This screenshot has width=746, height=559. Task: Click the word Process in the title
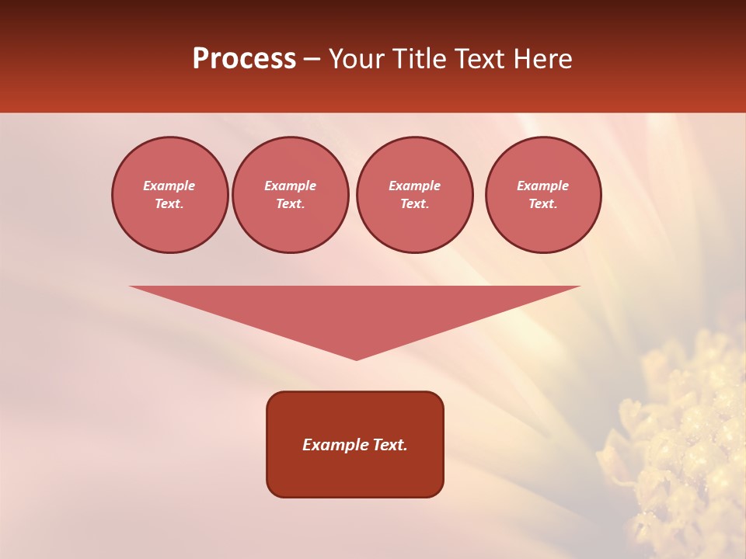[x=244, y=59]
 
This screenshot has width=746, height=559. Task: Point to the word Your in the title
[x=357, y=59]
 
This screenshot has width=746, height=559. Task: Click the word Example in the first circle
[x=169, y=186]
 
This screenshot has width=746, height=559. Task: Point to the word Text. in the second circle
[x=291, y=204]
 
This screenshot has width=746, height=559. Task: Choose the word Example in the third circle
[x=414, y=186]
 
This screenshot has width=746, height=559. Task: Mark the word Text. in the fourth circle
[x=542, y=204]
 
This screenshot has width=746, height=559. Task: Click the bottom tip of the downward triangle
[x=356, y=358]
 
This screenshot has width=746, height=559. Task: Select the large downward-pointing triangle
[x=355, y=311]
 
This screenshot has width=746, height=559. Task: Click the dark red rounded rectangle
[x=355, y=474]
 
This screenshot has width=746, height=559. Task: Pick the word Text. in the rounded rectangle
[x=389, y=445]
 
